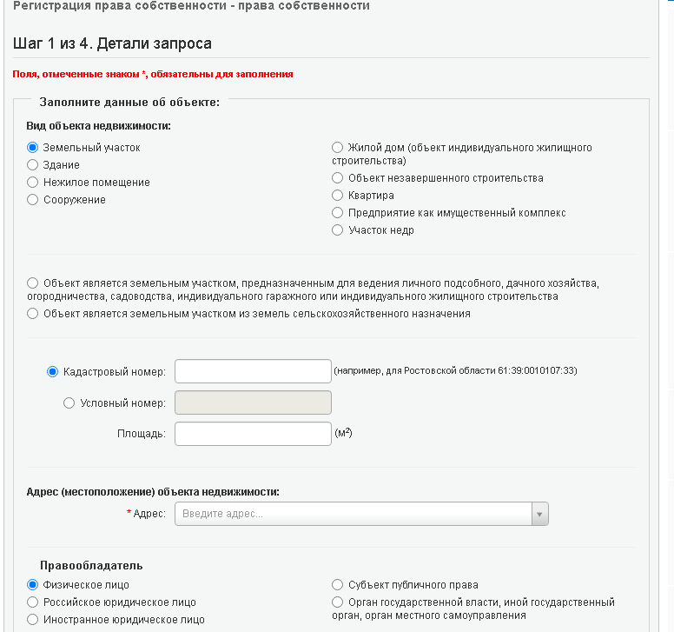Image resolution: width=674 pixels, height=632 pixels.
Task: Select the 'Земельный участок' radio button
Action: (33, 148)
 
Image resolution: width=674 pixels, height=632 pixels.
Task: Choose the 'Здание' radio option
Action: (33, 165)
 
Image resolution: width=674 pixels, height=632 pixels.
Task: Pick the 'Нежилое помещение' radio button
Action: (33, 183)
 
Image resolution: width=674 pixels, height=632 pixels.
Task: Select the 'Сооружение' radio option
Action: (33, 200)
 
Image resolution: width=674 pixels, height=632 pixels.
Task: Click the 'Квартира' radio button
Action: (338, 196)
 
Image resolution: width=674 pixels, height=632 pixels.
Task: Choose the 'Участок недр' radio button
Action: (338, 230)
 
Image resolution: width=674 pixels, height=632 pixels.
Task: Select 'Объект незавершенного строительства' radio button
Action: (338, 178)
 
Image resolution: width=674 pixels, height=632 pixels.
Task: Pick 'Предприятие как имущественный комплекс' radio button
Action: (338, 213)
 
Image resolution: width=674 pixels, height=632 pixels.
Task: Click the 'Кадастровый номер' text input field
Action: (253, 371)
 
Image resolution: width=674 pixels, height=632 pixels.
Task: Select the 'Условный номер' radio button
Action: (69, 403)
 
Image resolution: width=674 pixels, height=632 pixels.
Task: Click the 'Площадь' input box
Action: (253, 434)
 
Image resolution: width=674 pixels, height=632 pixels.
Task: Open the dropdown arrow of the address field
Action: (540, 515)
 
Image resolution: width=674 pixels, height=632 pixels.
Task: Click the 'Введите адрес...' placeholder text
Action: (222, 515)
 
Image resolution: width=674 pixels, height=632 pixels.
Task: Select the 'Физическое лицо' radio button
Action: (33, 585)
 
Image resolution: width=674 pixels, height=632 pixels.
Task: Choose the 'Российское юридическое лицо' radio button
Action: (33, 602)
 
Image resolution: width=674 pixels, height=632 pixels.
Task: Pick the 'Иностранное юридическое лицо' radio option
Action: (33, 620)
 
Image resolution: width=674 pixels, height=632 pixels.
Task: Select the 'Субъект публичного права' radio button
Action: (338, 585)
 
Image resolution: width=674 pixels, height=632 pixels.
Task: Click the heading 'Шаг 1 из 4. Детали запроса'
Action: (113, 43)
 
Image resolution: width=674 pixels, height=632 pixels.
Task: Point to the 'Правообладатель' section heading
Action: (91, 566)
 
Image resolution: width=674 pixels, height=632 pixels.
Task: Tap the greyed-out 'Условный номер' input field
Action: (253, 402)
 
